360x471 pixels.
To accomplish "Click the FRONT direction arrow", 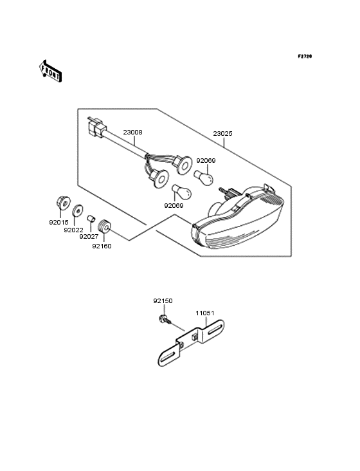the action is click(x=50, y=71).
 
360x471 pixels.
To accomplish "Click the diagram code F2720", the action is click(x=305, y=56).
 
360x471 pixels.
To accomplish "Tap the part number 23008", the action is click(x=132, y=132).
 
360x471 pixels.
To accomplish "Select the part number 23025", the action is click(x=222, y=133).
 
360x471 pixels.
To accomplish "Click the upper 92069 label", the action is click(x=206, y=161).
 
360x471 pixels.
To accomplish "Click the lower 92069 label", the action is click(x=174, y=206).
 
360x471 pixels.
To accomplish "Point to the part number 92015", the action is click(x=59, y=223).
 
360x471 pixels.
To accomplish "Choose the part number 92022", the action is click(x=73, y=230).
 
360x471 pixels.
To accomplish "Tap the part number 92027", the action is click(x=89, y=237).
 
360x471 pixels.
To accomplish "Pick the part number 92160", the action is click(x=102, y=246).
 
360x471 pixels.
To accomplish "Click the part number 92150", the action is click(x=163, y=300).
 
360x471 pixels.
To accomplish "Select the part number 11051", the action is click(x=205, y=313).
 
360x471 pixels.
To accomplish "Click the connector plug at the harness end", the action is click(x=96, y=128).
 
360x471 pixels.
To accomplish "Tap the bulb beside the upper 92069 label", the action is click(x=204, y=178).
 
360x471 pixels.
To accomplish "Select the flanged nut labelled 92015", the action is click(x=63, y=203).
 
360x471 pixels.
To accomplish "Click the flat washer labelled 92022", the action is click(x=78, y=210).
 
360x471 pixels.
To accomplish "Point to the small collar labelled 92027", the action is click(x=91, y=218).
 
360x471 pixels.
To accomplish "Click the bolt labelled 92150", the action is click(x=165, y=319).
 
